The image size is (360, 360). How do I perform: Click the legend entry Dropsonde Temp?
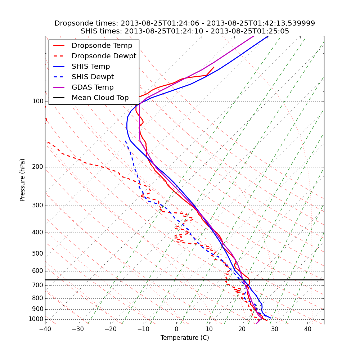tap(102, 46)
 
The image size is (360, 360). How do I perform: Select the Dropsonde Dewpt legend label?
tap(104, 56)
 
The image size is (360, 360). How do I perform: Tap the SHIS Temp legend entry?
tap(91, 67)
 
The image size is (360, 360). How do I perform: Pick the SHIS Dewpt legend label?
tap(93, 77)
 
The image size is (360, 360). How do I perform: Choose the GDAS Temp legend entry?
tap(93, 87)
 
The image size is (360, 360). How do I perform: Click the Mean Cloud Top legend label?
tap(100, 98)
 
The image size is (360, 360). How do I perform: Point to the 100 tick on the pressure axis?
tap(38, 102)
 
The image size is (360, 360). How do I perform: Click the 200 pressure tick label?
tap(38, 167)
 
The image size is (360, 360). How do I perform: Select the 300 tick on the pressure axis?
tap(38, 206)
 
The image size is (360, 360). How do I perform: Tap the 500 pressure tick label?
tap(38, 254)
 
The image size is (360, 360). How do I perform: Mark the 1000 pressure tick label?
tap(36, 319)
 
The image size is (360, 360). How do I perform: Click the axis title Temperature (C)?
tap(185, 338)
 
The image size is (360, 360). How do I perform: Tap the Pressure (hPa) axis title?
tap(23, 180)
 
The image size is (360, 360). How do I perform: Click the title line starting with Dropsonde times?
tap(185, 23)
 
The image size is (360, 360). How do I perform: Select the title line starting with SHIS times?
tap(185, 31)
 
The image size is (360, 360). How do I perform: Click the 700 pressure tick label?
tap(38, 285)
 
